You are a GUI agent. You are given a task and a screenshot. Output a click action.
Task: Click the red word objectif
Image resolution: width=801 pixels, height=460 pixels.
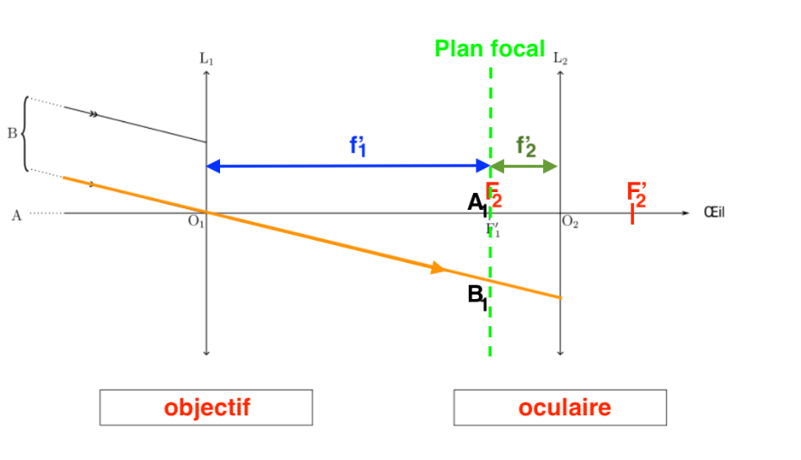[207, 408]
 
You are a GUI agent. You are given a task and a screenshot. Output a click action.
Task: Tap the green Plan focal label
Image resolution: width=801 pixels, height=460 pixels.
[490, 49]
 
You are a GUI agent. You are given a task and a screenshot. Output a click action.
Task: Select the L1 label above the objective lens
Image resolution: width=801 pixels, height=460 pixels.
[207, 59]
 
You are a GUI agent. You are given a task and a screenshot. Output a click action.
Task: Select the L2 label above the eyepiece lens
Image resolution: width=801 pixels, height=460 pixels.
[561, 59]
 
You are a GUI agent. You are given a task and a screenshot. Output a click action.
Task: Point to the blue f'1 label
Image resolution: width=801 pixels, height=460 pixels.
[358, 146]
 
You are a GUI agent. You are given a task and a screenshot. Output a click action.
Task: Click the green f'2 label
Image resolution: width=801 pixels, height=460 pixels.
[526, 147]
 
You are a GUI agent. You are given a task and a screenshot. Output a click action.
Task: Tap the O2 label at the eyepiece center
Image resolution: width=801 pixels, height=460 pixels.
[570, 222]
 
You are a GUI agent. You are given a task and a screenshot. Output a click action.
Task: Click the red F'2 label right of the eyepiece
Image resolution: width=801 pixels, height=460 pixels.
[637, 194]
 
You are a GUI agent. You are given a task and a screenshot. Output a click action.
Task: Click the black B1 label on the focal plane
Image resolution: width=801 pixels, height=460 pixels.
[477, 297]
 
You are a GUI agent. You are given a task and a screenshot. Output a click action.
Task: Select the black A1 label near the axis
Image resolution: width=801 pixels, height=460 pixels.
[476, 203]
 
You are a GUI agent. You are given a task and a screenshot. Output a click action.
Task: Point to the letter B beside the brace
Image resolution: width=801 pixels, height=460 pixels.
[12, 133]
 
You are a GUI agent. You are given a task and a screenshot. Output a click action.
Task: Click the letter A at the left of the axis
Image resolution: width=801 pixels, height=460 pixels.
[16, 215]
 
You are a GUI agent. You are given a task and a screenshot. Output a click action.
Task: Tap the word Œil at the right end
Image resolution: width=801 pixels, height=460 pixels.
[714, 212]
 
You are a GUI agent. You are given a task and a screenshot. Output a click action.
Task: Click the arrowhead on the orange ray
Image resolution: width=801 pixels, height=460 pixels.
[438, 268]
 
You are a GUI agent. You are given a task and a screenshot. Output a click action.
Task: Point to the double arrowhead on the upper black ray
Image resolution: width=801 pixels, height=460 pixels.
[94, 114]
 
